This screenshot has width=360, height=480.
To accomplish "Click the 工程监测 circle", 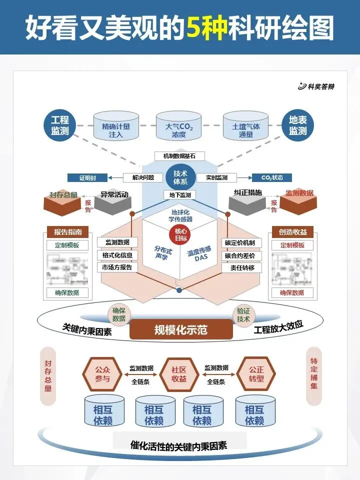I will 59,125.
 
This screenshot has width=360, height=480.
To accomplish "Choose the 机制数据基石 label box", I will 179,156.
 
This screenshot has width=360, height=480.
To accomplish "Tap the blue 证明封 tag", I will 87,177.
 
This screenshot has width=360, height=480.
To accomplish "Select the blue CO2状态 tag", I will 271,177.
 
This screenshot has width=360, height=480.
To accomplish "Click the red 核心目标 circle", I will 180,234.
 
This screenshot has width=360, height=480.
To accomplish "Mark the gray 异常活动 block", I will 113,200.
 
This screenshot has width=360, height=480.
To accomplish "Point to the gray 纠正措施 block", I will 247,200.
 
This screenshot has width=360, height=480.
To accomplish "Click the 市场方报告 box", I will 116,267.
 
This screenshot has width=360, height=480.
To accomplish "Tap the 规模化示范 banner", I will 181,329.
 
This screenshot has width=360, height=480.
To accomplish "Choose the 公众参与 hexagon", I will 102,373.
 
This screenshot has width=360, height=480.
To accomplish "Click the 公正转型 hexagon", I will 256,373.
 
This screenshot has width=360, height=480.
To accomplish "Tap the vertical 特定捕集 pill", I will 313,375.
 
